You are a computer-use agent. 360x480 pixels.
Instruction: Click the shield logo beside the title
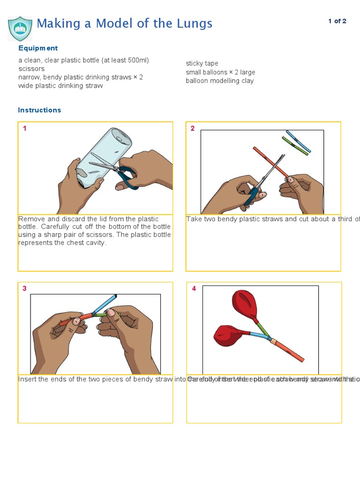tap(20, 28)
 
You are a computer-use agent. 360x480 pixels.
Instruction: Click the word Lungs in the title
tap(194, 23)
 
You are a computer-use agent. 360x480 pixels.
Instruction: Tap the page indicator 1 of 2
tap(337, 21)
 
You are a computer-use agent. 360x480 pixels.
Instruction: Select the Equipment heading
tap(38, 48)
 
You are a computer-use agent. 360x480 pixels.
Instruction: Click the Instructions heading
tap(39, 110)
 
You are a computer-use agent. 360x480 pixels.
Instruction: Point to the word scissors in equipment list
tap(31, 69)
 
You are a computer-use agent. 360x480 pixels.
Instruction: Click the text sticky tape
tap(202, 63)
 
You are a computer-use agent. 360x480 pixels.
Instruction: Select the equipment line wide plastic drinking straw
tap(60, 86)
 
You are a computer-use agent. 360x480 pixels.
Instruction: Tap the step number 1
tap(25, 128)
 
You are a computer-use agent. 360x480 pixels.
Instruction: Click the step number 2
tap(192, 128)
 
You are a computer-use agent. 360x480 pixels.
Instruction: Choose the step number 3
tap(25, 289)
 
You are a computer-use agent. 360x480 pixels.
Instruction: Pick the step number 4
tap(194, 289)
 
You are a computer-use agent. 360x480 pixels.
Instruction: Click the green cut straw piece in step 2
tap(295, 146)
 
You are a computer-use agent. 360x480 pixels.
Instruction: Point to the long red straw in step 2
tap(270, 162)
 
